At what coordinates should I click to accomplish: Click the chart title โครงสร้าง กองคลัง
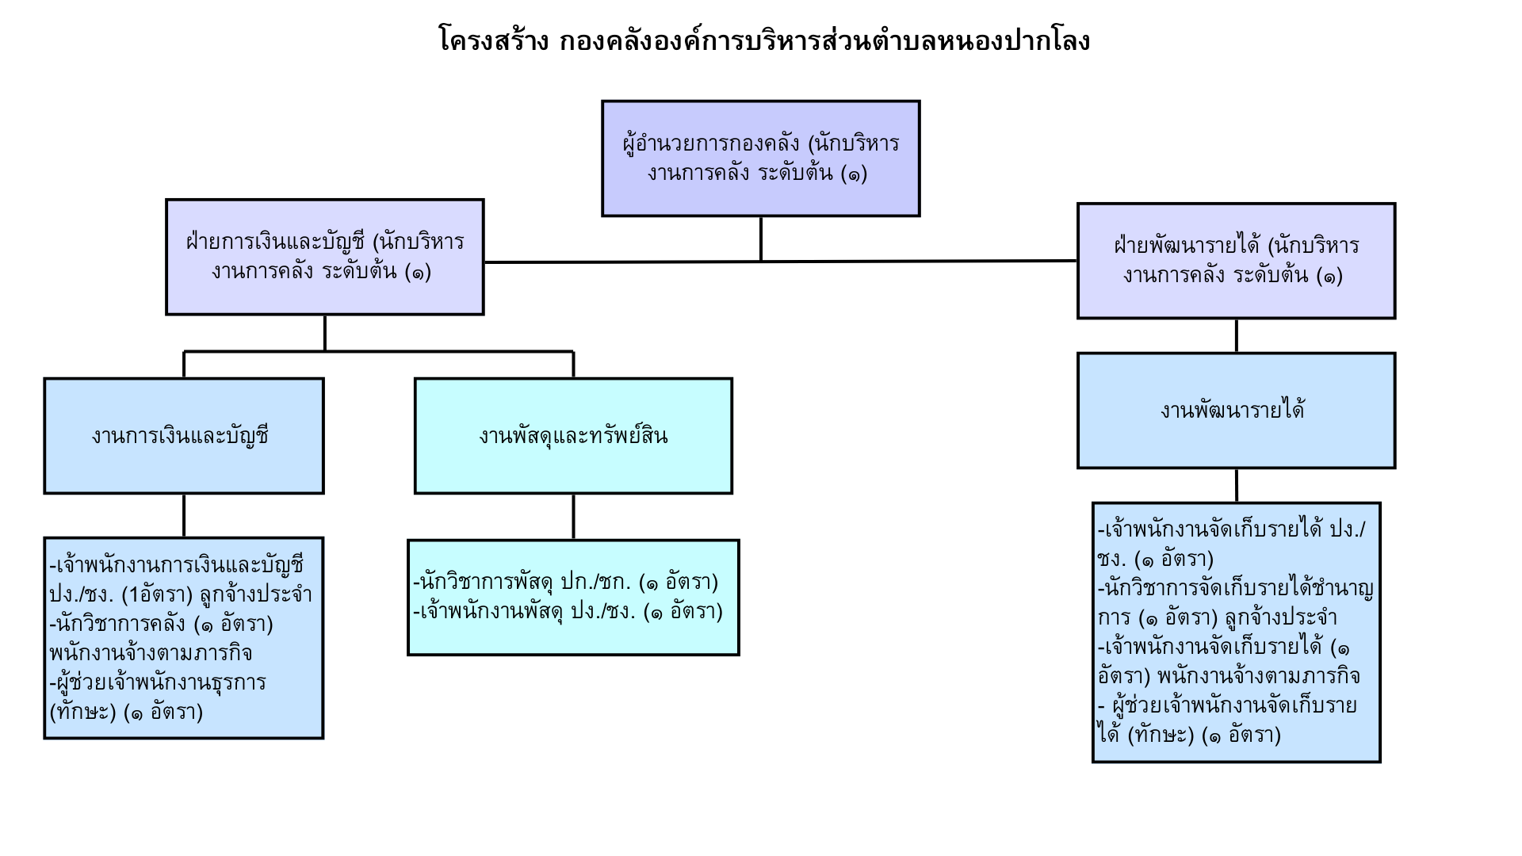click(x=764, y=40)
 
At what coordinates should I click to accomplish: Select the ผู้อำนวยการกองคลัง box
click(x=761, y=159)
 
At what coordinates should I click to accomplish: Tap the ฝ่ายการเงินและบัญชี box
click(x=325, y=257)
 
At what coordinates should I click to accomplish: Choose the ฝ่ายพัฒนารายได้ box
click(x=1236, y=261)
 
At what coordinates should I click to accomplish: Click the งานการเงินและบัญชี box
click(x=184, y=436)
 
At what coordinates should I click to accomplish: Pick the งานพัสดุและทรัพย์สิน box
click(x=573, y=436)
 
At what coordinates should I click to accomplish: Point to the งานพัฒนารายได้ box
click(x=1236, y=411)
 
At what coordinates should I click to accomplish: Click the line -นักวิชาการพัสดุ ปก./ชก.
click(x=566, y=583)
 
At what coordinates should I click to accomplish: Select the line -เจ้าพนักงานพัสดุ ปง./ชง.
click(x=568, y=612)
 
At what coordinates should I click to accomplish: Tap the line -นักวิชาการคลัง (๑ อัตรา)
click(x=161, y=625)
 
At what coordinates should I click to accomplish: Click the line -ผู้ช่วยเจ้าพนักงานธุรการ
click(x=158, y=682)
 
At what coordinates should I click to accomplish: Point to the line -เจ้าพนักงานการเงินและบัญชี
click(x=176, y=566)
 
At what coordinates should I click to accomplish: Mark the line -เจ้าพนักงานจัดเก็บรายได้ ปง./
click(x=1231, y=529)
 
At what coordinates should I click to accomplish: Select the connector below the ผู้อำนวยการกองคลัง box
click(x=761, y=239)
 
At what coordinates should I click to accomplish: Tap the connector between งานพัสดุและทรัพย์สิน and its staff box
click(x=573, y=517)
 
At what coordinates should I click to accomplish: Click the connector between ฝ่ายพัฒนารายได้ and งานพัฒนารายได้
click(x=1237, y=336)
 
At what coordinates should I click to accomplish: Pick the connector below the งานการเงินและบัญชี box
click(x=184, y=516)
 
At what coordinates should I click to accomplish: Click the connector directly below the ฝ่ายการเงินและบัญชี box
click(x=325, y=333)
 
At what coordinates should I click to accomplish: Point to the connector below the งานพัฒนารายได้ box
click(x=1237, y=485)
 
